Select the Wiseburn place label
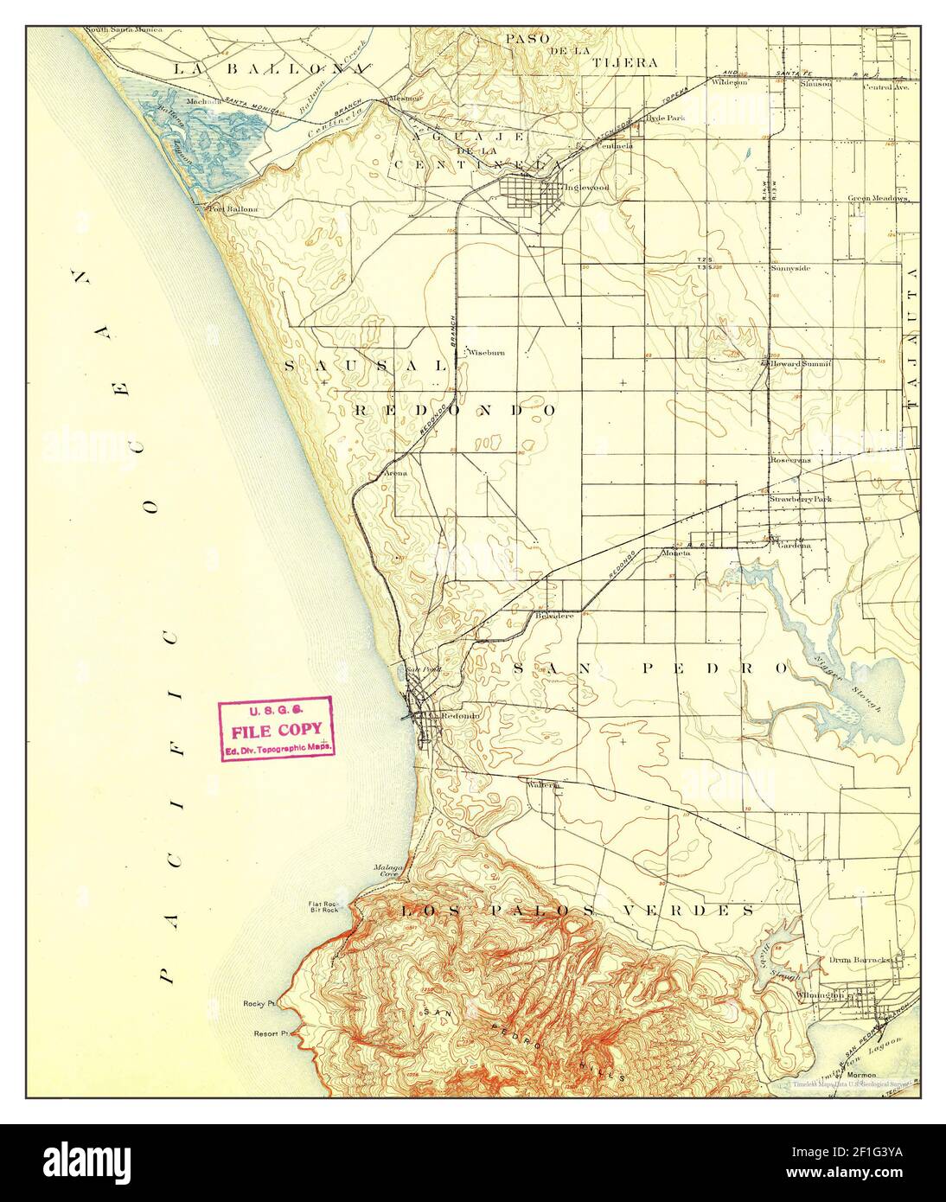pos(486,353)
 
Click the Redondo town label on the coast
pos(460,716)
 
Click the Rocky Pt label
pos(259,1004)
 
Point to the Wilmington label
pos(817,995)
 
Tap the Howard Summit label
pos(801,364)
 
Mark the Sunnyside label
pos(790,268)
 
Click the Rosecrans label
pos(790,462)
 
